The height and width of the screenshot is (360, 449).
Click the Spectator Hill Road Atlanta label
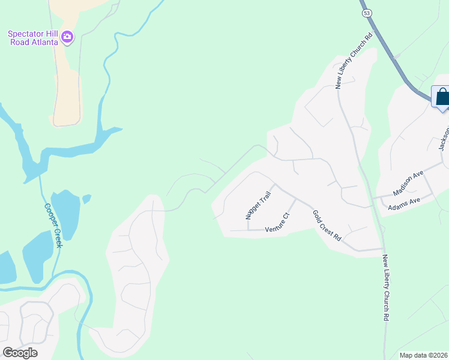(33, 38)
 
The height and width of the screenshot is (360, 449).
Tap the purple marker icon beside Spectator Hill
(67, 38)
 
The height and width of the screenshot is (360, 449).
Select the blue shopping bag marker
(442, 97)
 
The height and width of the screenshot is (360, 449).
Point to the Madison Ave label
(408, 182)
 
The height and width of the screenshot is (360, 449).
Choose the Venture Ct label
(278, 223)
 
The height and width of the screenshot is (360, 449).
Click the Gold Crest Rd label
(327, 226)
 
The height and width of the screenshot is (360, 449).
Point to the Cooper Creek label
(53, 225)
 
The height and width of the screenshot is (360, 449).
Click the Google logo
(20, 353)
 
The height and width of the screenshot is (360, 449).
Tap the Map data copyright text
(423, 355)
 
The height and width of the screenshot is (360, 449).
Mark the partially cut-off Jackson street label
(444, 138)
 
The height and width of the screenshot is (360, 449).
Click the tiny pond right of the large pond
(87, 198)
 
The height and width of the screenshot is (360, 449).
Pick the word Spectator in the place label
(26, 34)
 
